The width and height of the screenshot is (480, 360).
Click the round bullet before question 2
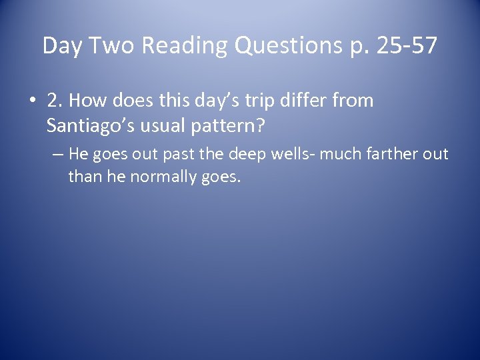(33, 103)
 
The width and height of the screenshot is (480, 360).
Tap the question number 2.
(53, 102)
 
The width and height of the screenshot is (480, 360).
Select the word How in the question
(83, 102)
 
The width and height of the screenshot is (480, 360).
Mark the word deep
(249, 155)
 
